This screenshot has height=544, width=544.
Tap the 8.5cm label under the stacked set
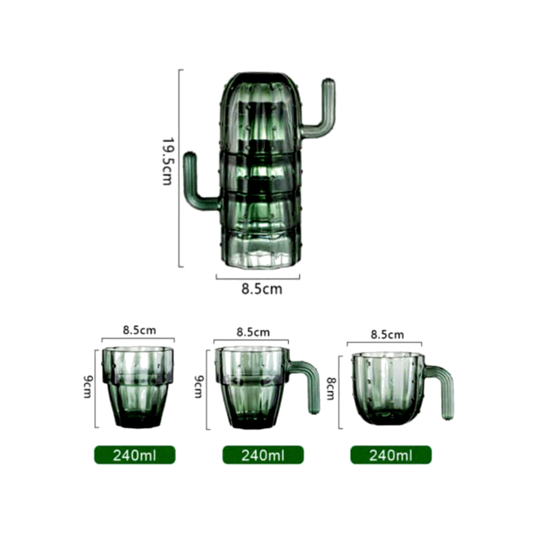tap(262, 289)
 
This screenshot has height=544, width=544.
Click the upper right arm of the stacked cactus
tap(324, 111)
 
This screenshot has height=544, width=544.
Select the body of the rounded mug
tap(388, 388)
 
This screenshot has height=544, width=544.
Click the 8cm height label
tap(330, 389)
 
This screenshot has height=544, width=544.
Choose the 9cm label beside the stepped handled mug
tap(198, 387)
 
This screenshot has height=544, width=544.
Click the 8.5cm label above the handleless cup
tap(139, 330)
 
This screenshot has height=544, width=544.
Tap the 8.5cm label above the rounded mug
tap(387, 335)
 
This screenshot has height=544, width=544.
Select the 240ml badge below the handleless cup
tap(135, 455)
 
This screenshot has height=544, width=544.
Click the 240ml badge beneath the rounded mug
tap(391, 455)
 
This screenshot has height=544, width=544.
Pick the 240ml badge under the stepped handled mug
tap(263, 455)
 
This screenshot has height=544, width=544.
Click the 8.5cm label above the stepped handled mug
tap(253, 332)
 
